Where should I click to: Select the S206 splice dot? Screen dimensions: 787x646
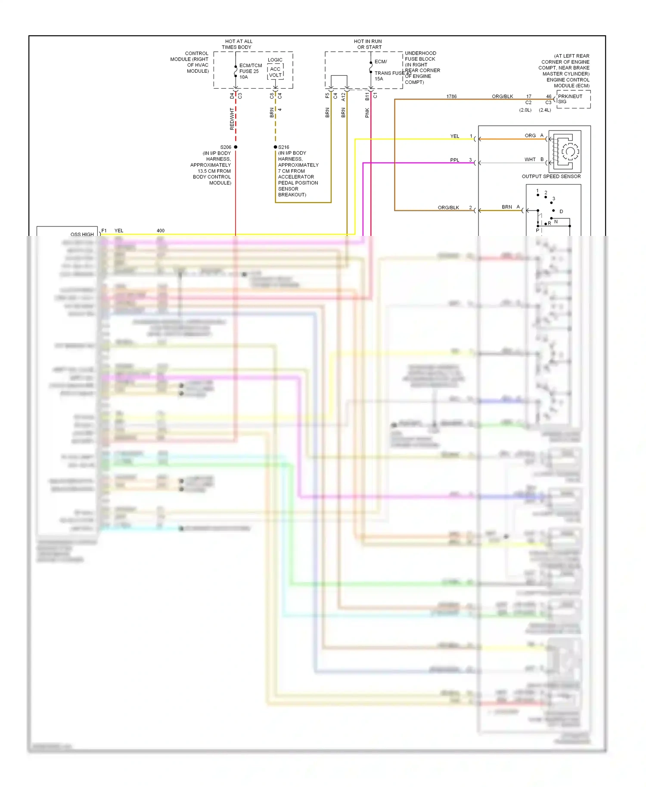(x=236, y=147)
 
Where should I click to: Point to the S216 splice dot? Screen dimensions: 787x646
(x=276, y=147)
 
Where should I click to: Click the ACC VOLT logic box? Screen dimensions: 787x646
(x=275, y=72)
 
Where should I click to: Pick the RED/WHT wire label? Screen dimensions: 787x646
(x=232, y=119)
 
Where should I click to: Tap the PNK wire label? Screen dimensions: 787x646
(x=367, y=113)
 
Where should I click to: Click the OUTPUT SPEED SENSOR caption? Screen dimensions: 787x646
(x=551, y=177)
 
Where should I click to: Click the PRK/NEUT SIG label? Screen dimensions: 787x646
(x=569, y=99)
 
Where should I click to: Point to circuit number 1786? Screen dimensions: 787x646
(x=451, y=96)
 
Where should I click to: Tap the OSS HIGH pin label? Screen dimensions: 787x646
(x=82, y=235)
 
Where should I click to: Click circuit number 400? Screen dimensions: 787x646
(x=160, y=231)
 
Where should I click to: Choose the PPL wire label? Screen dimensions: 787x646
(x=454, y=160)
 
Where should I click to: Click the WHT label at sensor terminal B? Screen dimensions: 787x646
(x=530, y=160)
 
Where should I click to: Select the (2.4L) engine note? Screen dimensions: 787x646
(x=545, y=110)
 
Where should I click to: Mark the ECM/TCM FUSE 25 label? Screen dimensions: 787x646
(x=250, y=68)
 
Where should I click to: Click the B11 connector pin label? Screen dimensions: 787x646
(x=367, y=96)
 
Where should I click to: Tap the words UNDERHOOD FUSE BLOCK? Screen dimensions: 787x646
(x=420, y=56)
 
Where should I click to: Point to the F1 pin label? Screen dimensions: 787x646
(x=104, y=231)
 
